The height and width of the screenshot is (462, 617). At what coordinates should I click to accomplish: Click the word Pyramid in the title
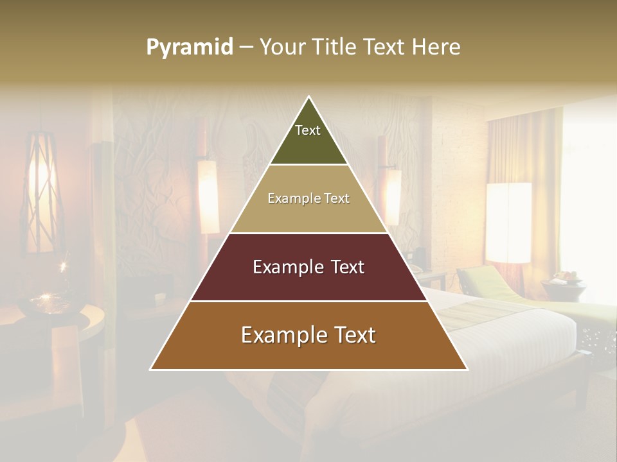pyautogui.click(x=189, y=47)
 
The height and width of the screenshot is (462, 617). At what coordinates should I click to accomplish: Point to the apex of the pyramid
pyautogui.click(x=308, y=98)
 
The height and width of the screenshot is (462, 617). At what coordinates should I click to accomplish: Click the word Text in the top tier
pyautogui.click(x=308, y=130)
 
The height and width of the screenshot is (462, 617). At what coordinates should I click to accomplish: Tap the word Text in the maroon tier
pyautogui.click(x=343, y=267)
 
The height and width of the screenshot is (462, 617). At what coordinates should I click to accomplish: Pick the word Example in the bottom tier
pyautogui.click(x=283, y=335)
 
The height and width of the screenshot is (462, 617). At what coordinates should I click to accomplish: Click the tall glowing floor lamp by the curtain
pyautogui.click(x=508, y=222)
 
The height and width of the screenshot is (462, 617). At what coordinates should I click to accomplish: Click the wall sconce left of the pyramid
pyautogui.click(x=208, y=196)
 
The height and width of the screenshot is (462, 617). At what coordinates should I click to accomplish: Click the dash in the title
pyautogui.click(x=246, y=47)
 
